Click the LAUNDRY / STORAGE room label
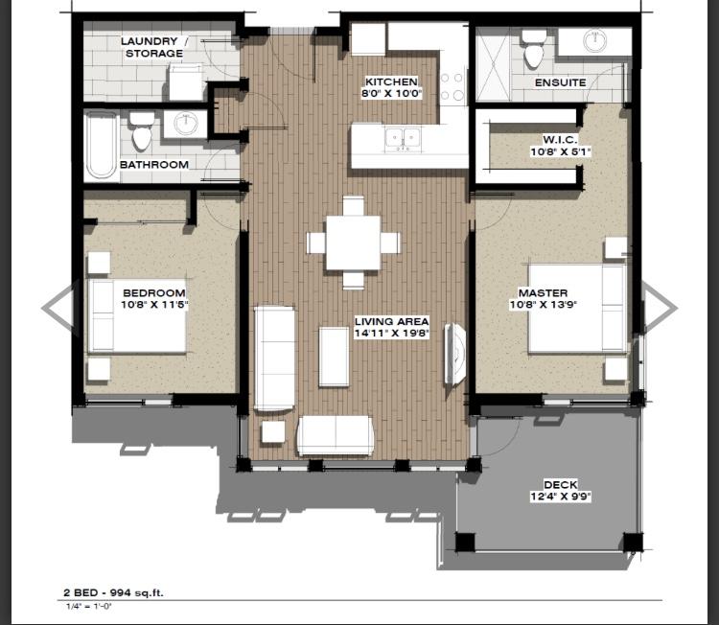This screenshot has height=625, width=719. coord(153,47)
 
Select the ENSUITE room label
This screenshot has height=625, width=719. coord(560,83)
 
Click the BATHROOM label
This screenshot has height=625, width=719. coord(153,165)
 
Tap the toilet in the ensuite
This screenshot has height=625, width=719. coord(534,49)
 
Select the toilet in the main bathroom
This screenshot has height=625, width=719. coord(142,132)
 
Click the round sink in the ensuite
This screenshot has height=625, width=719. coord(595,41)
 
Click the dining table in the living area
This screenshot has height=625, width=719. coord(353,243)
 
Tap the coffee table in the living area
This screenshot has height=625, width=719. coord(334,356)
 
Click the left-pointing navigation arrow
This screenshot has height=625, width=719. coord(58,308)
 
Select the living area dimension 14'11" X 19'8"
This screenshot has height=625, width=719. coord(390,334)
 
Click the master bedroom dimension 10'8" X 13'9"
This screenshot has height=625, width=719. coord(543,305)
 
